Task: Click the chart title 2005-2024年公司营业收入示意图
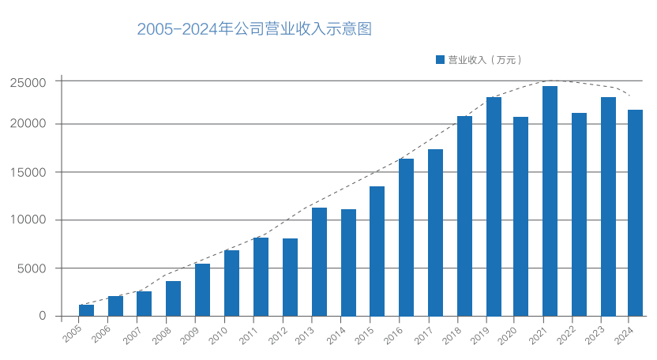[x=253, y=29]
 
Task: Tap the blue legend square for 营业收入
[x=440, y=59]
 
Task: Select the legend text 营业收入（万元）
[x=485, y=59]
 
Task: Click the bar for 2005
[x=86, y=310]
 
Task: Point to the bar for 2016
[x=406, y=237]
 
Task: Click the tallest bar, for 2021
[x=550, y=201]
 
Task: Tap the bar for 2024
[x=635, y=213]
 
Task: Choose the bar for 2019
[x=494, y=207]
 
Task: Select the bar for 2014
[x=348, y=263]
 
